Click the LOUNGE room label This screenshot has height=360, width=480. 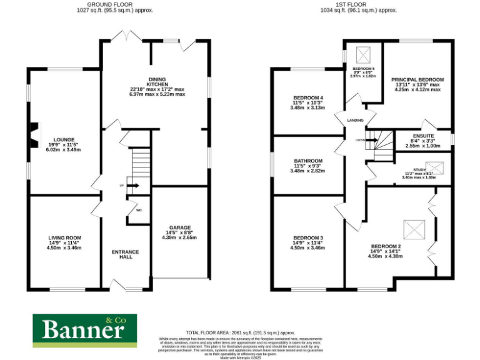(x=64, y=139)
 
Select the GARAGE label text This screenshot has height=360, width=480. (x=180, y=227)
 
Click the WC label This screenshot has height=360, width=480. (x=139, y=210)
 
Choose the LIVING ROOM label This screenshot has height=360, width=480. (x=64, y=237)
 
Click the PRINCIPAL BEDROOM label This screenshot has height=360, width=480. (x=417, y=80)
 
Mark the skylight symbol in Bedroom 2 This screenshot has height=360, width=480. (x=412, y=226)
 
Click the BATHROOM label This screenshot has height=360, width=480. (x=308, y=161)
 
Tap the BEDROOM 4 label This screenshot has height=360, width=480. (x=308, y=98)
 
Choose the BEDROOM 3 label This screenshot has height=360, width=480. (x=308, y=238)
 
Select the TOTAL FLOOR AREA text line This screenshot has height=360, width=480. (x=241, y=332)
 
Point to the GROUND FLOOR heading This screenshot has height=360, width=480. (x=114, y=4)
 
